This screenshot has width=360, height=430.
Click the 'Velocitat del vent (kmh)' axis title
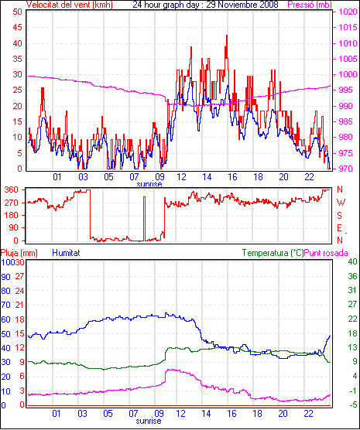point(70,5)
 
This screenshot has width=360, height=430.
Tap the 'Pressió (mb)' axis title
point(310,5)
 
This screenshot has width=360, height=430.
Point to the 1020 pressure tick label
point(348,12)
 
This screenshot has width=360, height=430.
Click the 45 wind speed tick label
point(18,27)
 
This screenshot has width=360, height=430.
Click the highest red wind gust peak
point(227,36)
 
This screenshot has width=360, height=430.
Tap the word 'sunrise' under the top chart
point(149,184)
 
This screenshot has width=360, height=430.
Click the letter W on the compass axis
point(341,203)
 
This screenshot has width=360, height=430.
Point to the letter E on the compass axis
point(339,228)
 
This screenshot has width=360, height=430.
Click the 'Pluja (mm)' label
point(19,253)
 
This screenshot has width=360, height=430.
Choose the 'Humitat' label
point(66,253)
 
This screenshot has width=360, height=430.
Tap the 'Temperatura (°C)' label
point(273,253)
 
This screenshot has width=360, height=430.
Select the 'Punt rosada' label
point(326,253)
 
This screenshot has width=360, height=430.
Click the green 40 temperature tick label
point(352,261)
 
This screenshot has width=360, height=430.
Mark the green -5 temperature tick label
point(352,404)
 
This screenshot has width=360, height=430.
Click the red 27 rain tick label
point(20,276)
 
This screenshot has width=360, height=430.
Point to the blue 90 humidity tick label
point(5,277)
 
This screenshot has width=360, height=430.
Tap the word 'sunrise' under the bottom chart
point(149,421)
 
